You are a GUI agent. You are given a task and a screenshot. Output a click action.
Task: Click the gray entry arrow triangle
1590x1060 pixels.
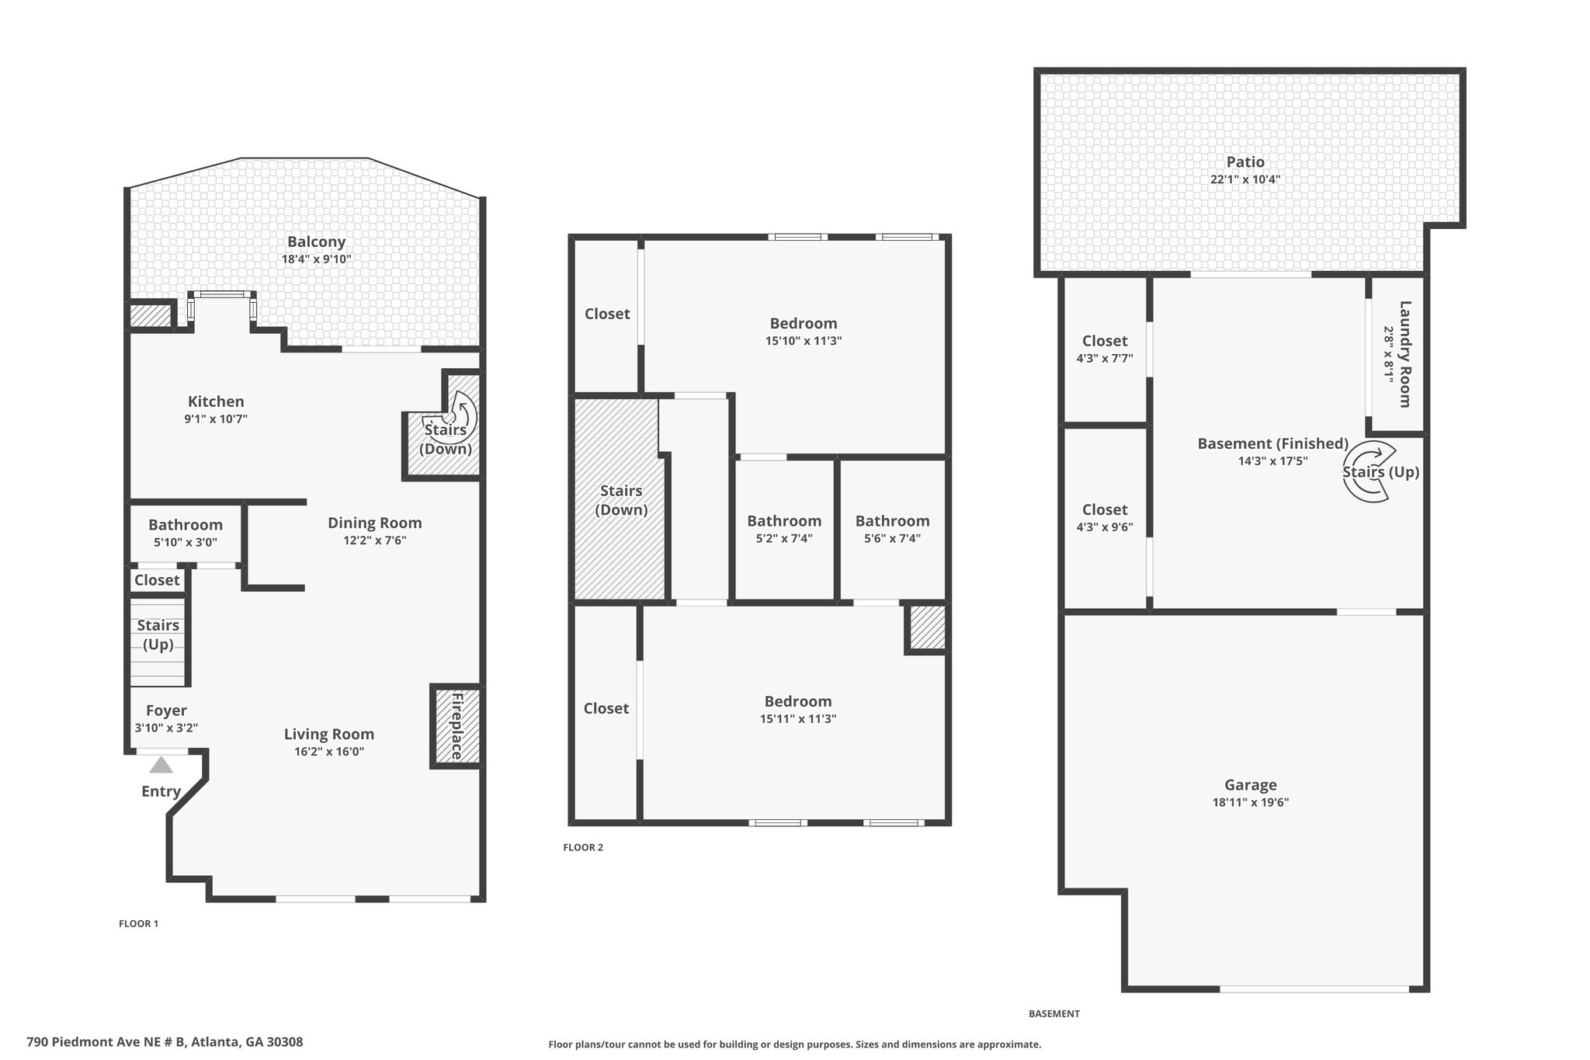pos(161,766)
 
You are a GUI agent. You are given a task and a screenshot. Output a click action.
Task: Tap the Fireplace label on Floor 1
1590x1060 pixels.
pos(457,725)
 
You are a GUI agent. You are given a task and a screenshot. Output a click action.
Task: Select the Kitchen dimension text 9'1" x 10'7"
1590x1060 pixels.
pos(216,419)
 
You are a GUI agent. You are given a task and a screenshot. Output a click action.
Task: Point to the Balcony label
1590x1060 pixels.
pos(316,242)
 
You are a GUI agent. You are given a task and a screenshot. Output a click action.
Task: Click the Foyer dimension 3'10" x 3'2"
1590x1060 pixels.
pos(166,728)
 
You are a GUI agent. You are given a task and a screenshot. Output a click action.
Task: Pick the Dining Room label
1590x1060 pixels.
pos(374,523)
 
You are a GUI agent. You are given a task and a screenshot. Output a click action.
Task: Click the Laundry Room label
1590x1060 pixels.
pos(1404,354)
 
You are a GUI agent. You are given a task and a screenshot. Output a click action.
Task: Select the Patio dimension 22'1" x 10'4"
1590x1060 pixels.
pos(1245,179)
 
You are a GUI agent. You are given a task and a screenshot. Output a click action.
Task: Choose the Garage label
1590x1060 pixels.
pos(1251,785)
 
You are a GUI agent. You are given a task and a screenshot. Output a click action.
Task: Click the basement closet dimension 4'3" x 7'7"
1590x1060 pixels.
pos(1105,359)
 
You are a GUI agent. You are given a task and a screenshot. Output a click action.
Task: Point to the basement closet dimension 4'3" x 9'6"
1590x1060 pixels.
pos(1105,527)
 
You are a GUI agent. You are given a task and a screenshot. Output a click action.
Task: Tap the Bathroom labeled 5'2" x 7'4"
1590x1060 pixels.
pos(784,521)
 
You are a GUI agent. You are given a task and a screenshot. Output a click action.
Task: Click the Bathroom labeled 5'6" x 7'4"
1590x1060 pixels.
pos(893,521)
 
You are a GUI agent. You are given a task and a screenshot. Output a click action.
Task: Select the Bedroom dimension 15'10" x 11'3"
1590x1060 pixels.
pos(804,341)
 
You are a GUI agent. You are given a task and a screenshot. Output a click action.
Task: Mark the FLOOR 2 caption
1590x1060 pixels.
pos(583,847)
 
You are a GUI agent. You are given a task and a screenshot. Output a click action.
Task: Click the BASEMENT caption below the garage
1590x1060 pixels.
pos(1054,1013)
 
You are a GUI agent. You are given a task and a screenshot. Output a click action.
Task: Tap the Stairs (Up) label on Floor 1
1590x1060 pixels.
pos(158,634)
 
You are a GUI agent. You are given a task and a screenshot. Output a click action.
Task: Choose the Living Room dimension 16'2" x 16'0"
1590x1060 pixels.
pos(329,752)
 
